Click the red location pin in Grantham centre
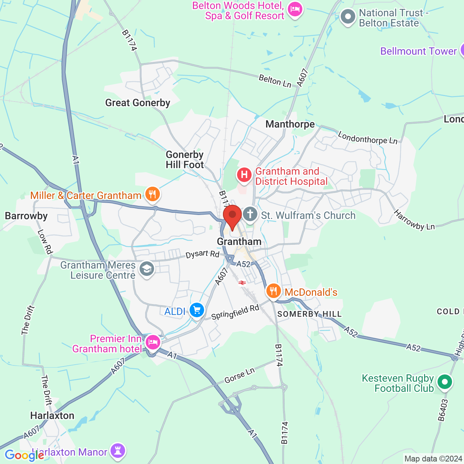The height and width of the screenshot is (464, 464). pyautogui.click(x=232, y=216)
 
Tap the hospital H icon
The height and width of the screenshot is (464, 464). pyautogui.click(x=244, y=175)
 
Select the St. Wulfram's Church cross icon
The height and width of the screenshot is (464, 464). pyautogui.click(x=250, y=214)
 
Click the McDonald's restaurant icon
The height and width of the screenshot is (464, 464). pyautogui.click(x=273, y=291)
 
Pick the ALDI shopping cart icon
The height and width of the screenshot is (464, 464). pyautogui.click(x=197, y=310)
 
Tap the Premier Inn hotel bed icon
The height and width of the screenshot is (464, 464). pyautogui.click(x=153, y=342)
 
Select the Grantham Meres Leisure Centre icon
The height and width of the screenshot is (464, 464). pyautogui.click(x=146, y=269)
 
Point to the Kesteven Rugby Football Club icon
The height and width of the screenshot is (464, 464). pyautogui.click(x=445, y=382)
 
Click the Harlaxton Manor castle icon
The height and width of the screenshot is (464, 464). pyautogui.click(x=118, y=451)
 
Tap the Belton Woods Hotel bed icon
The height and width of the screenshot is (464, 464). pyautogui.click(x=295, y=10)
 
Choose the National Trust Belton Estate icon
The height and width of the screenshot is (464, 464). pyautogui.click(x=348, y=17)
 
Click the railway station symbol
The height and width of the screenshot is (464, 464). pyautogui.click(x=242, y=282)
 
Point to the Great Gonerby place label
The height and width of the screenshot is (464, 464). pyautogui.click(x=138, y=103)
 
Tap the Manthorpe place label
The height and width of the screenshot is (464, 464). pyautogui.click(x=290, y=124)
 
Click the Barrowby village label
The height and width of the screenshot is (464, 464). pyautogui.click(x=26, y=216)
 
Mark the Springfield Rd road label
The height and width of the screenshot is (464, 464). pyautogui.click(x=235, y=312)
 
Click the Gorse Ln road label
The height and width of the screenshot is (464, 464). pyautogui.click(x=240, y=376)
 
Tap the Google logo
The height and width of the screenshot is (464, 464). pyautogui.click(x=24, y=455)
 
